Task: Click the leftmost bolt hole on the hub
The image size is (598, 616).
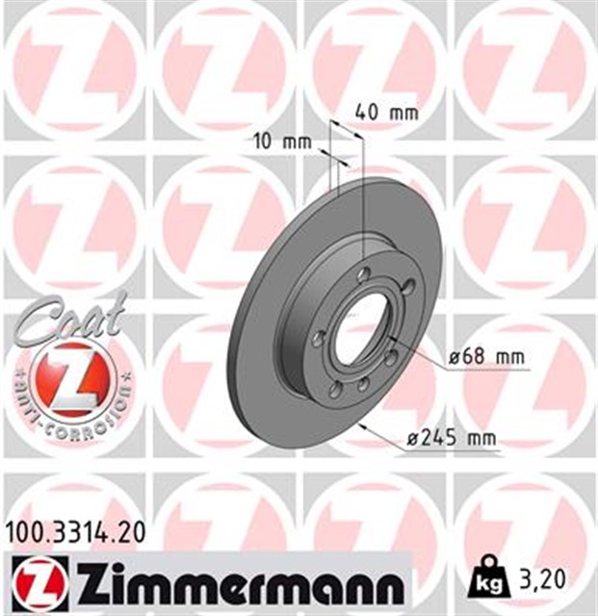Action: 318,336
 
